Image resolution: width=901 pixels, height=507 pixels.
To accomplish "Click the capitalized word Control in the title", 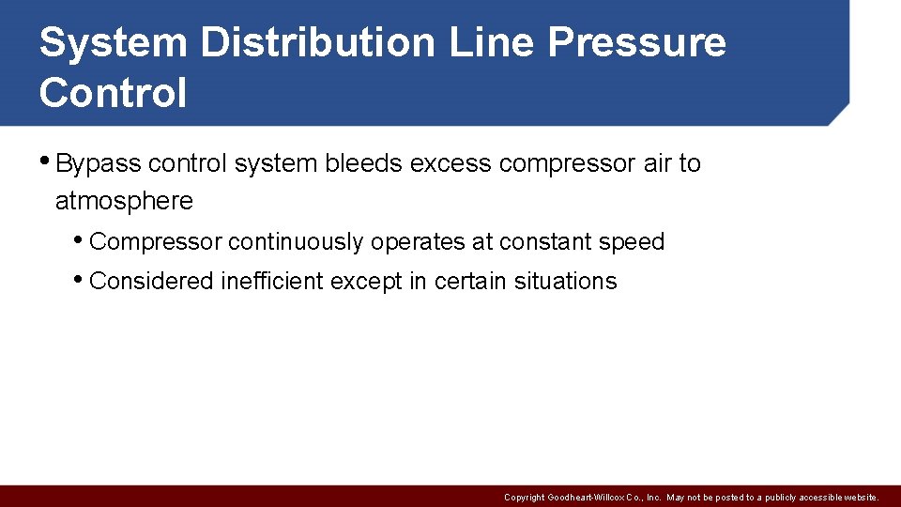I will [114, 93].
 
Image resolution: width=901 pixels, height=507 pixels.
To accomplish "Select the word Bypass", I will [99, 164].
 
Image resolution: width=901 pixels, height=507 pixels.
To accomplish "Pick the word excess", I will [451, 163].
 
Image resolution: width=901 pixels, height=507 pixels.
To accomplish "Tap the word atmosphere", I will [124, 201].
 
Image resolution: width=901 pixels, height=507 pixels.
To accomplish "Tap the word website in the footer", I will [858, 498].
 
